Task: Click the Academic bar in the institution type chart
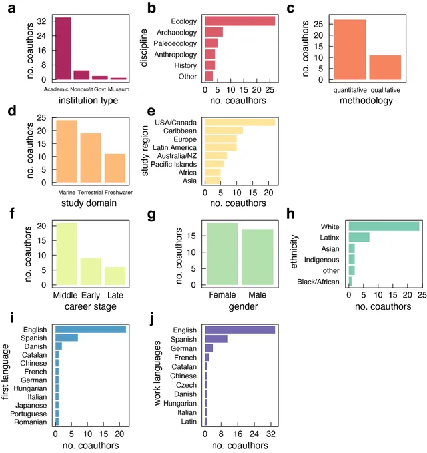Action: pyautogui.click(x=63, y=49)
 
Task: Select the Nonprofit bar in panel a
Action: pyautogui.click(x=81, y=75)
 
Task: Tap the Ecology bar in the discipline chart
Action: pyautogui.click(x=240, y=21)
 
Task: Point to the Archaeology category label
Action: pyautogui.click(x=177, y=33)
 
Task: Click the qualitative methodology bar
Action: pyautogui.click(x=385, y=67)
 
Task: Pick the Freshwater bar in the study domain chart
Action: pyautogui.click(x=115, y=168)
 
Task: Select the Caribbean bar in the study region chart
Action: pyautogui.click(x=224, y=131)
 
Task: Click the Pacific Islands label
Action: pyautogui.click(x=173, y=164)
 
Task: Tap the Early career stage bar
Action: pyautogui.click(x=91, y=272)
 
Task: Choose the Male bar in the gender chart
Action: pyautogui.click(x=258, y=257)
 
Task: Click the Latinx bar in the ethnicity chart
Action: pyautogui.click(x=359, y=237)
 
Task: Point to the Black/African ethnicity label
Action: pyautogui.click(x=318, y=282)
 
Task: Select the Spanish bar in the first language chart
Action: pyautogui.click(x=67, y=338)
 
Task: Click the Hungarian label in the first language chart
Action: pyautogui.click(x=30, y=388)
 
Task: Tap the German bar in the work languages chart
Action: pyautogui.click(x=209, y=348)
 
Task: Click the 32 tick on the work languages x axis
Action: pyautogui.click(x=271, y=434)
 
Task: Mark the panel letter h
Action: pyautogui.click(x=290, y=214)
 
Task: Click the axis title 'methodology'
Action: pyautogui.click(x=366, y=101)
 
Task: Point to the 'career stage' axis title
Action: pyautogui.click(x=91, y=306)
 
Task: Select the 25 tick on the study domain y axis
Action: pyautogui.click(x=41, y=118)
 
